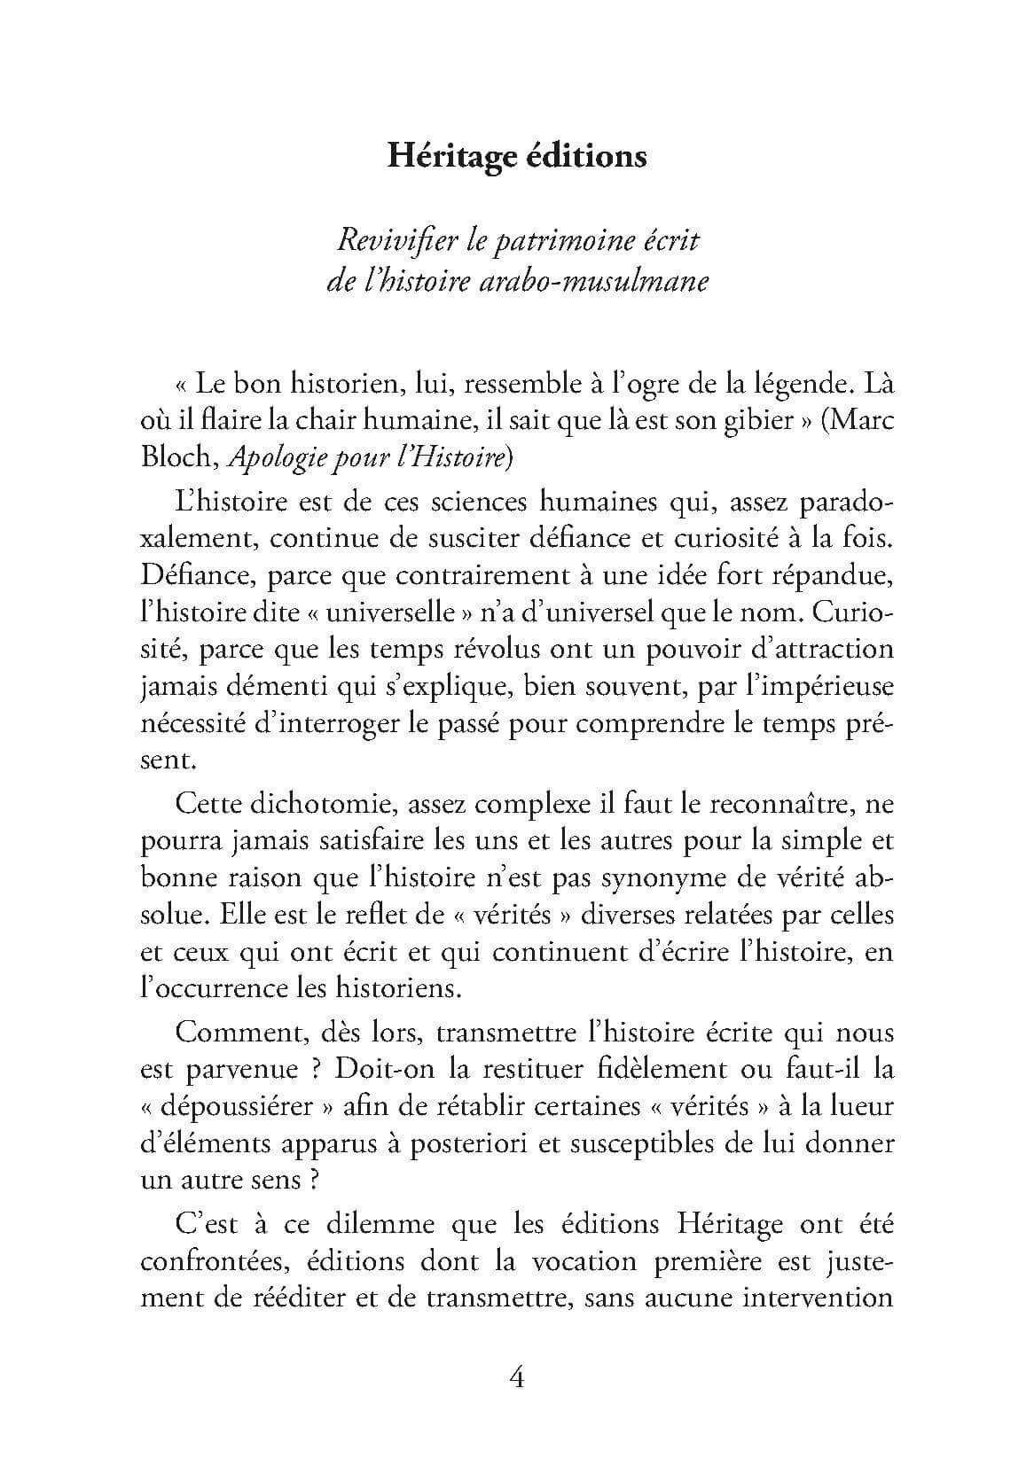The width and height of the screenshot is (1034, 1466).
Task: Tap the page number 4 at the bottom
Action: [517, 1379]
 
